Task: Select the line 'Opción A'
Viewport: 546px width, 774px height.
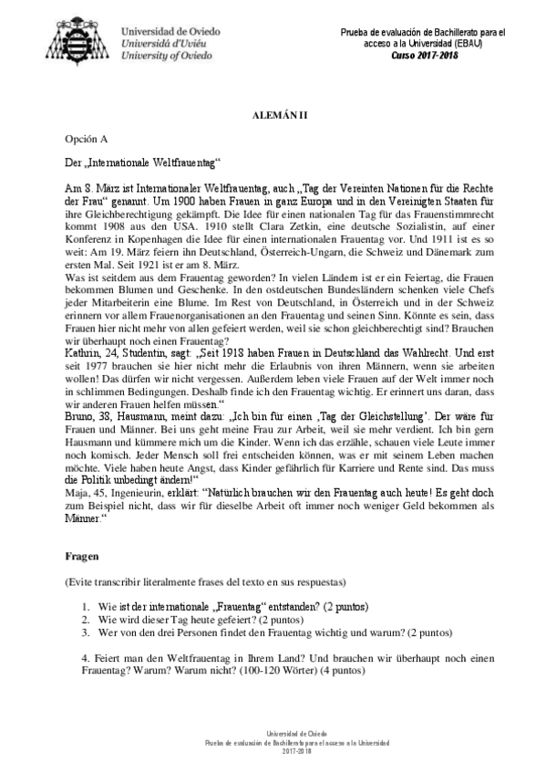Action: pyautogui.click(x=86, y=141)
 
